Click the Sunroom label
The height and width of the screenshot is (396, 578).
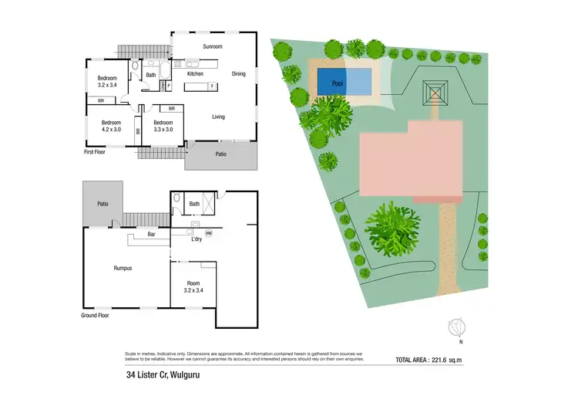tap(212, 47)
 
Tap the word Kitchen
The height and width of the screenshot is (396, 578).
tap(194, 74)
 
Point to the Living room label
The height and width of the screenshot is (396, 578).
tap(219, 117)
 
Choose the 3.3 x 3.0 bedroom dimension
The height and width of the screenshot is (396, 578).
tap(163, 130)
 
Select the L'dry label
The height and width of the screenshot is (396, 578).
tap(197, 239)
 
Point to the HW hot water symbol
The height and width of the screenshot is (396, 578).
tap(208, 233)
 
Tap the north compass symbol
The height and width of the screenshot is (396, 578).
tap(457, 328)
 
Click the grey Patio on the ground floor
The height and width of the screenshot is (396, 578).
tap(102, 203)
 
